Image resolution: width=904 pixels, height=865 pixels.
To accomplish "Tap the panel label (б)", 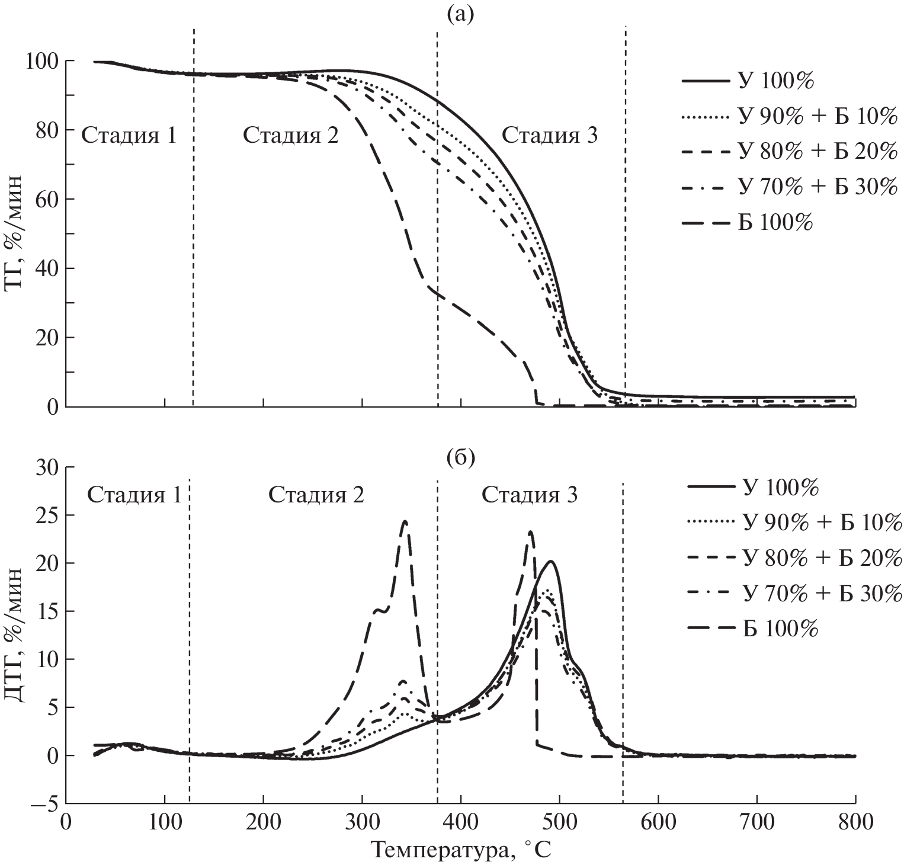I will click(461, 458).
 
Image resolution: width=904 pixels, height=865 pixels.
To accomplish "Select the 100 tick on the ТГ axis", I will click(41, 61).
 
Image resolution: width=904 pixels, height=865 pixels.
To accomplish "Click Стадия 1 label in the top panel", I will click(129, 136).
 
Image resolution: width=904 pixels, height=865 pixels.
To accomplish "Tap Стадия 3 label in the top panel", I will click(550, 136).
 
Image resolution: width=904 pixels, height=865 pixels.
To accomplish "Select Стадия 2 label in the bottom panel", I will click(316, 495).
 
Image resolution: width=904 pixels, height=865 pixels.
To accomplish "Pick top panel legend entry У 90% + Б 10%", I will click(818, 117).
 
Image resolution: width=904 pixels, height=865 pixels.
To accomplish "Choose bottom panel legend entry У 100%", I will click(781, 489).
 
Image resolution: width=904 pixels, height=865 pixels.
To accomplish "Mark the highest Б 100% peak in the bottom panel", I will click(405, 521).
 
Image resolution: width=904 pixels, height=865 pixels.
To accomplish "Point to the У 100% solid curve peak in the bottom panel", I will click(551, 561).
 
